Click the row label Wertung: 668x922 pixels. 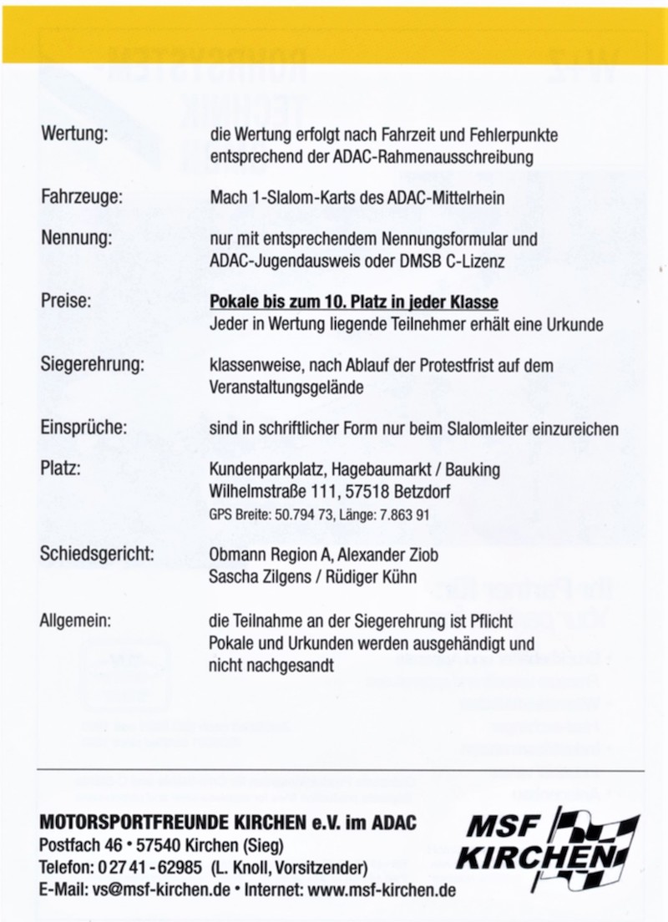(x=74, y=134)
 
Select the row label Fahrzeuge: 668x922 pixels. (x=82, y=198)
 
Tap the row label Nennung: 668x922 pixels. (x=76, y=239)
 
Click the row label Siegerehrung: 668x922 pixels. (x=93, y=364)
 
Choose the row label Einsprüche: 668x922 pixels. (x=83, y=428)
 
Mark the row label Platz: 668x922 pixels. (x=60, y=469)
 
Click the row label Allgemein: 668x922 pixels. (x=75, y=621)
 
